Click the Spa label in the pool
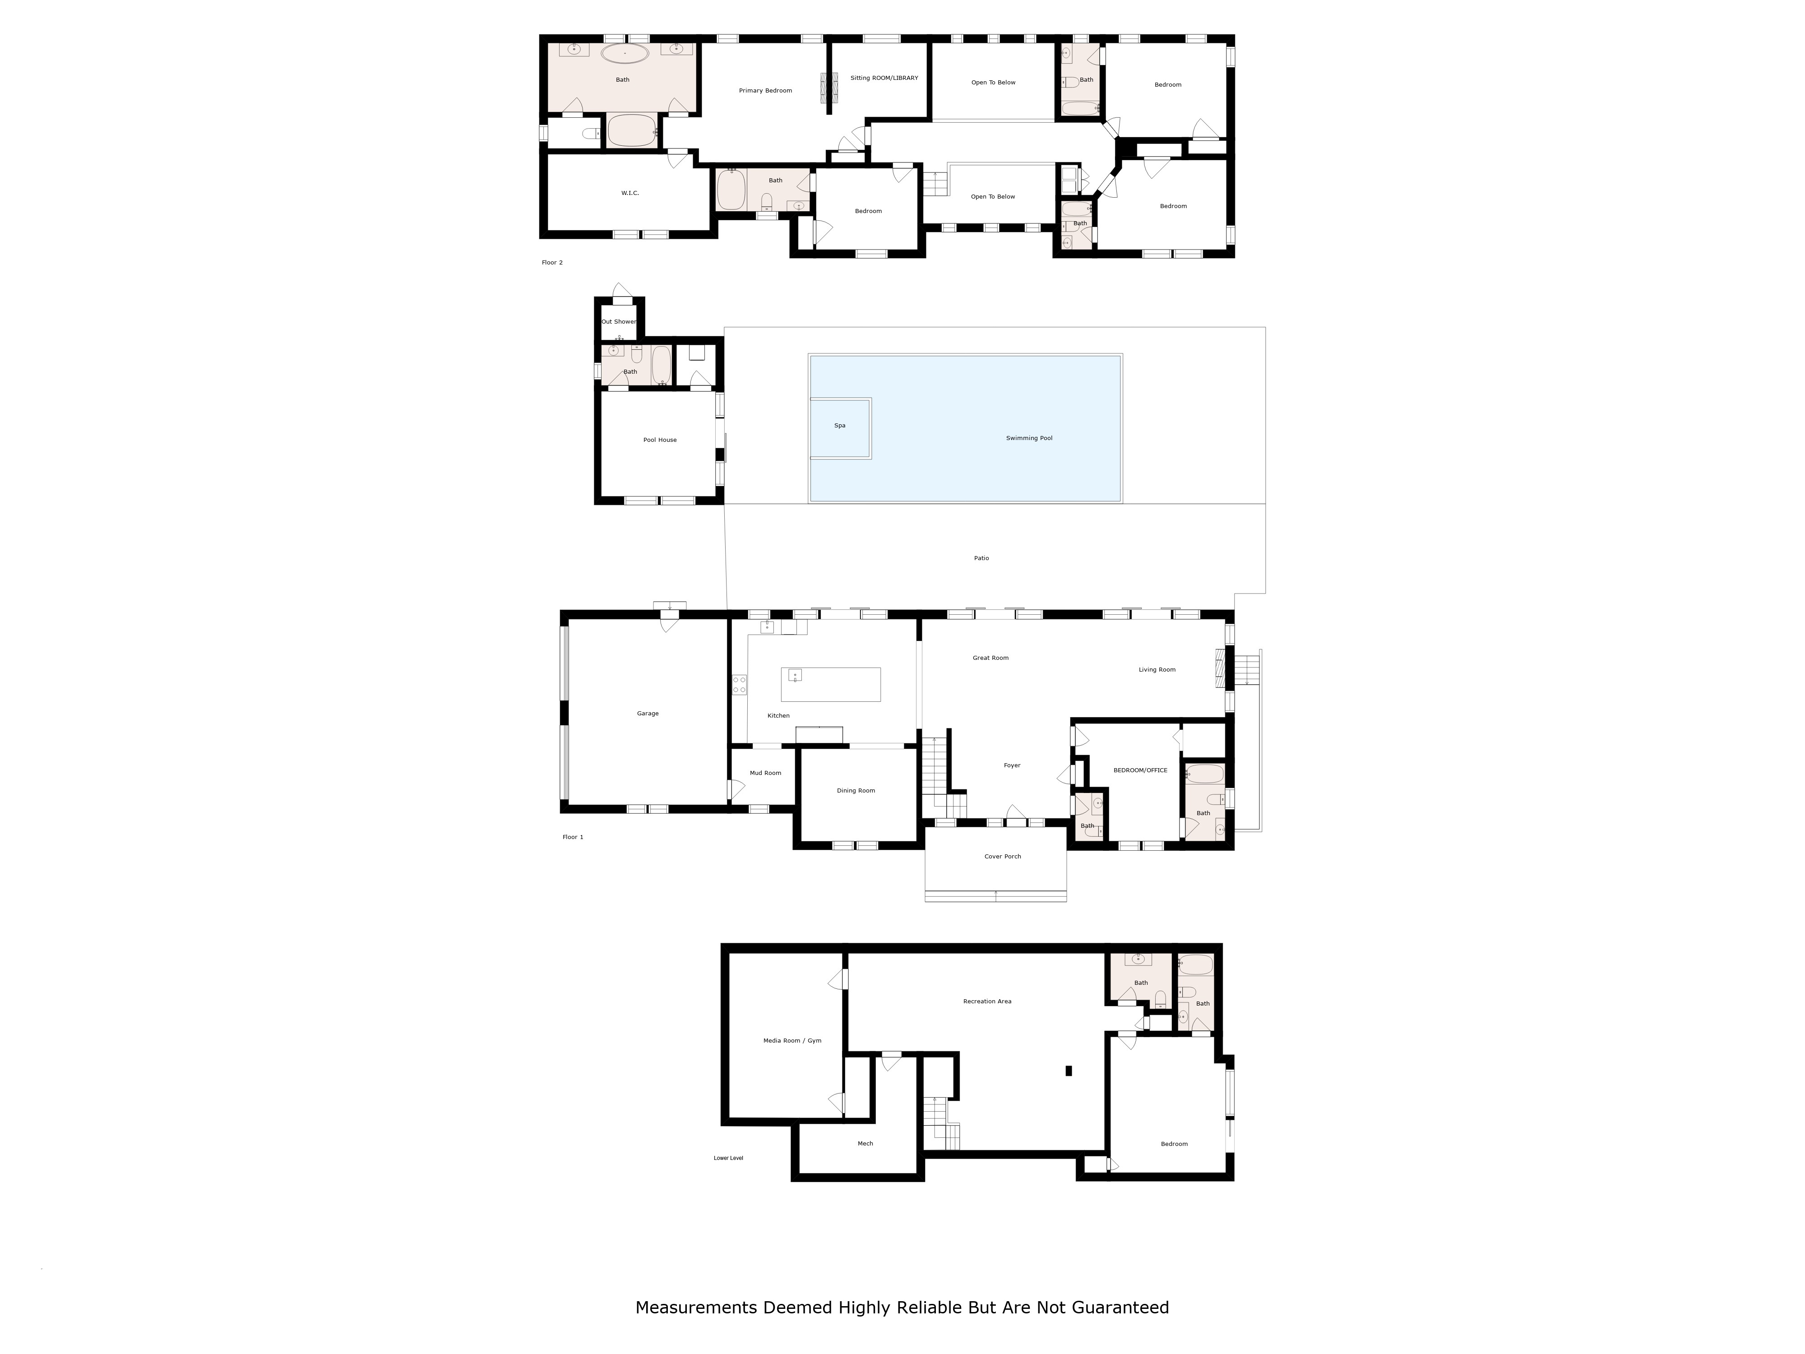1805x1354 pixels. click(840, 425)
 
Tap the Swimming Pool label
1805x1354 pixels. click(1029, 438)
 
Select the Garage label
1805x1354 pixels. click(648, 713)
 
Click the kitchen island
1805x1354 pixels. click(831, 685)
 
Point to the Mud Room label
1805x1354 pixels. click(765, 773)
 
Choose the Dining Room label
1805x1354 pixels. click(856, 791)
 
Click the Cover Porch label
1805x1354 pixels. click(1003, 856)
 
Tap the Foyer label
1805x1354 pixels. click(1012, 765)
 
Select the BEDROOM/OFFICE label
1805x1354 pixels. click(1141, 770)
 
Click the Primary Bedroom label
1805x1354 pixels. click(765, 91)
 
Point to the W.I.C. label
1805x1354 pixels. click(630, 193)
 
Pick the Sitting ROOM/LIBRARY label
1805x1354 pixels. click(884, 79)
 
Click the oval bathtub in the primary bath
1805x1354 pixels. click(625, 54)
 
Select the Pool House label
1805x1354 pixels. click(660, 440)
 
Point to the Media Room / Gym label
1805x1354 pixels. click(792, 1041)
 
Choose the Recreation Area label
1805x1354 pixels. click(987, 1002)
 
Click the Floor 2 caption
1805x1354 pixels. click(552, 263)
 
